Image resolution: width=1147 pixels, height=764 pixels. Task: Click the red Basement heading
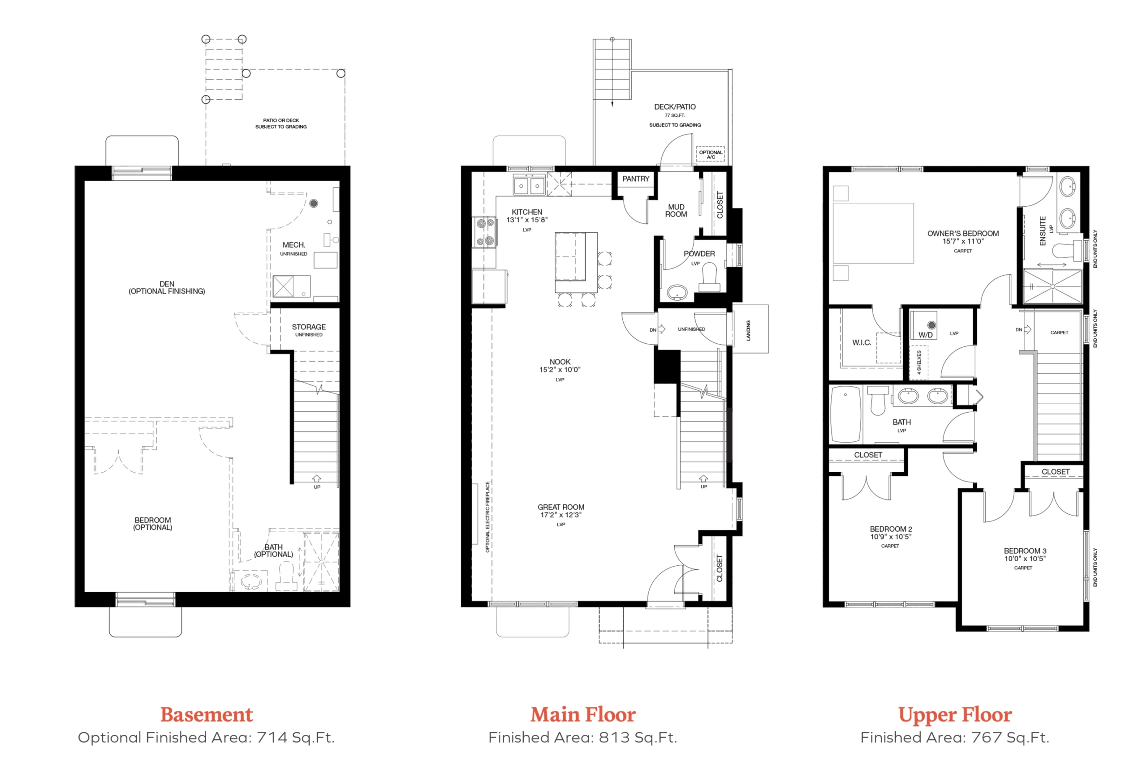point(206,715)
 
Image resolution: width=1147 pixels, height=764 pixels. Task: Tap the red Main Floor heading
point(583,715)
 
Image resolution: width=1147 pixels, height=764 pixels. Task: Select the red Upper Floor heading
point(955,715)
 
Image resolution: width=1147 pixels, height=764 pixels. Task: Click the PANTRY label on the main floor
point(635,179)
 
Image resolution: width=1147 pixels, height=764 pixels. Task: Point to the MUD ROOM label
point(676,210)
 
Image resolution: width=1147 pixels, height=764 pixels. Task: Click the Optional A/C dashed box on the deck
point(711,154)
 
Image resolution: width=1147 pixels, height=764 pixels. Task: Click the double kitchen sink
point(529,186)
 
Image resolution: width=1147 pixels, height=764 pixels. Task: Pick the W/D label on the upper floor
point(925,335)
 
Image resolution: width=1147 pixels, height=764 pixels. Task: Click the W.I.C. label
point(861,342)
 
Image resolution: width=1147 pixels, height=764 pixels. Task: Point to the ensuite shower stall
point(1052,286)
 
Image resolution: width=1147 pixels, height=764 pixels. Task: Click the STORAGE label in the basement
point(309,327)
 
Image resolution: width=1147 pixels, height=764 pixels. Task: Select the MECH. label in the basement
point(294,245)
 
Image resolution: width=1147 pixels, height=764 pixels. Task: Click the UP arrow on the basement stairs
point(316,479)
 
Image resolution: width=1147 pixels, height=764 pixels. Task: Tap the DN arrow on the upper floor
point(1027,329)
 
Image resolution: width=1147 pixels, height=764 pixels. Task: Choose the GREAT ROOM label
point(561,507)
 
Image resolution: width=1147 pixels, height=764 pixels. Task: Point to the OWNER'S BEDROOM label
point(963,233)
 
